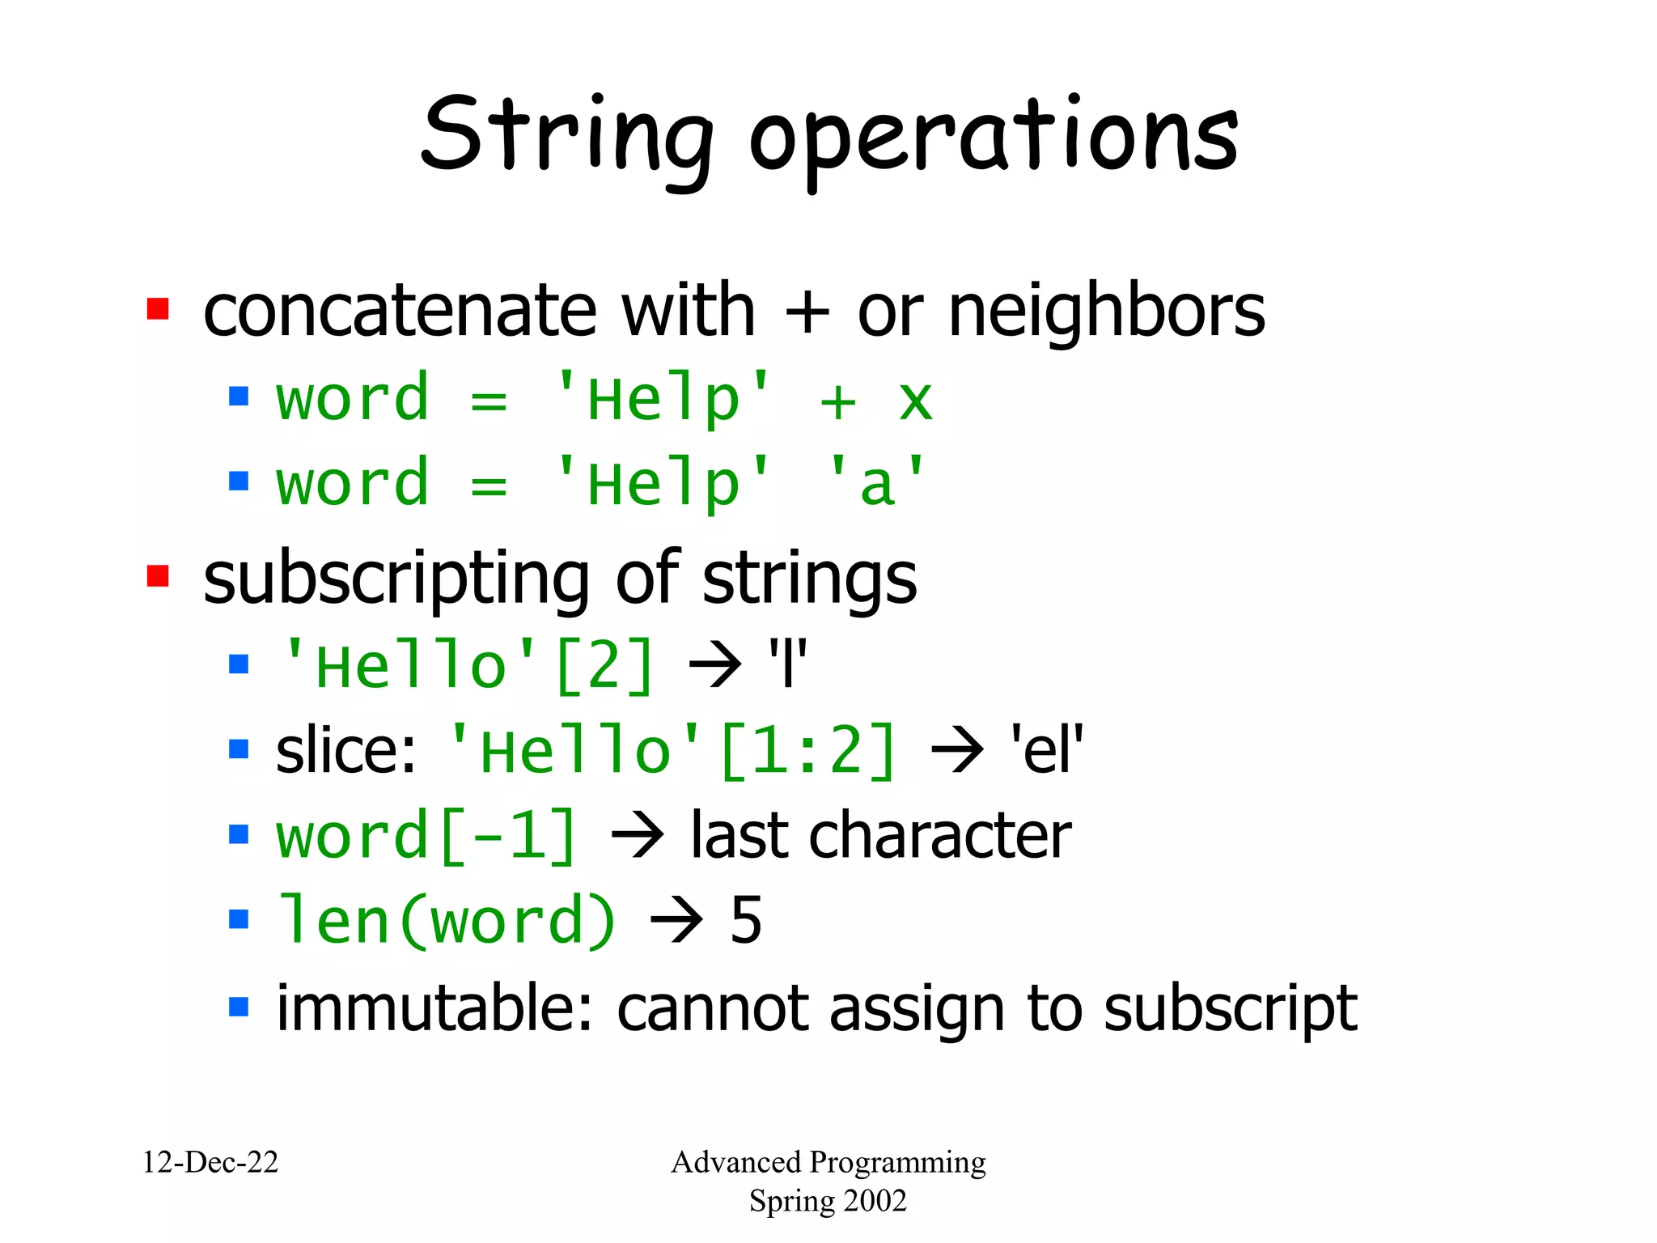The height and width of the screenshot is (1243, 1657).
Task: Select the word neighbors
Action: (1106, 312)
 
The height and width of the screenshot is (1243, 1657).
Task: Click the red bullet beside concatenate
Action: (158, 309)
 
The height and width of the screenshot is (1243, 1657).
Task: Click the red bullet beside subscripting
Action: (158, 576)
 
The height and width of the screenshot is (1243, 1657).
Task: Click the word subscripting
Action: (396, 579)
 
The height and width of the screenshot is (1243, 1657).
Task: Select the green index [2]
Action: (604, 666)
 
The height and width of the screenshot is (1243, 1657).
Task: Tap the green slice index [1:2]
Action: (807, 751)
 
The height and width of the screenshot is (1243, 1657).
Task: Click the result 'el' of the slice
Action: (1046, 749)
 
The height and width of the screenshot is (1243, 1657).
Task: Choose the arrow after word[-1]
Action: (638, 834)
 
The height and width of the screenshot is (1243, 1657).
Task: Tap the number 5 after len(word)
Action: (746, 920)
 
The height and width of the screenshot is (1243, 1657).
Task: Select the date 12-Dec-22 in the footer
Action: (210, 1162)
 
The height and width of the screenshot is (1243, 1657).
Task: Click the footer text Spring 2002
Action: (828, 1201)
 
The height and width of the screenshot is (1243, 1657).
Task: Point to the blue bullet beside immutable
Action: (239, 1007)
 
